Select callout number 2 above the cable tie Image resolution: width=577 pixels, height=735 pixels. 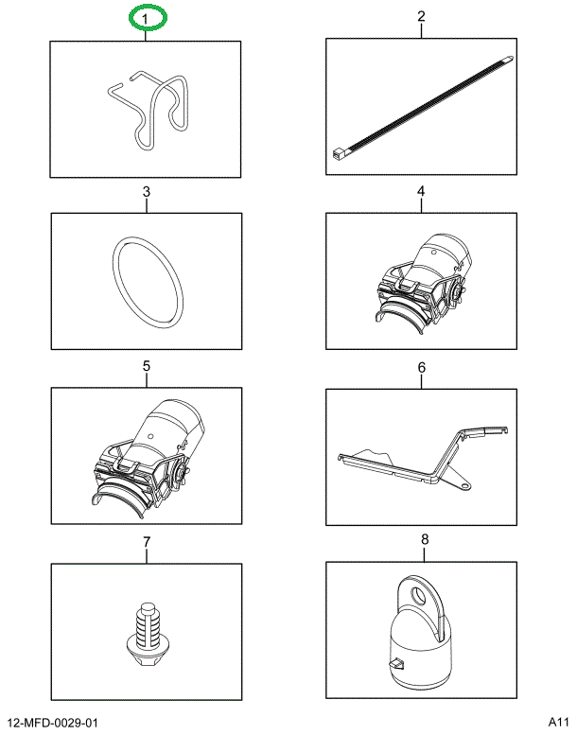point(421,16)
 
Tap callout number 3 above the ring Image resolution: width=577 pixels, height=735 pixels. point(147,192)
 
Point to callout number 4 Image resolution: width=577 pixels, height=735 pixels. point(421,192)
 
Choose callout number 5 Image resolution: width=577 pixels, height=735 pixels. point(147,366)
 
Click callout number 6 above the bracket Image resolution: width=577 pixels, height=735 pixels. point(422,366)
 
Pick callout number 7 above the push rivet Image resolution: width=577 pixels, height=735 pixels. point(147,542)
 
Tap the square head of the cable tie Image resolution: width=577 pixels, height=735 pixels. point(338,150)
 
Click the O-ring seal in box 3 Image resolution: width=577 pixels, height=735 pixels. point(147,281)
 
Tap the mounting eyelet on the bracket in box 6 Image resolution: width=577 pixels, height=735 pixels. point(464,484)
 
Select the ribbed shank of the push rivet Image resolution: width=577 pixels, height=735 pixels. point(146,624)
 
